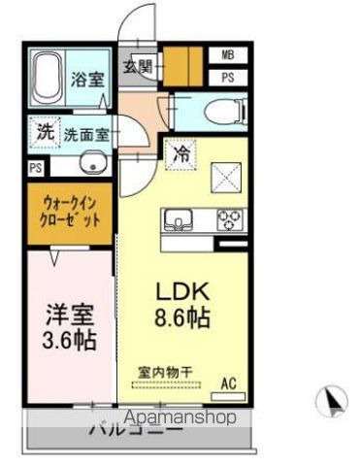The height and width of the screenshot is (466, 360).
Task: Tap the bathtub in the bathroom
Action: [x=47, y=79]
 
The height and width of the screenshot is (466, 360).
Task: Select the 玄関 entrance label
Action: [x=136, y=67]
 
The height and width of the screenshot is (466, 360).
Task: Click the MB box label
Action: [x=227, y=55]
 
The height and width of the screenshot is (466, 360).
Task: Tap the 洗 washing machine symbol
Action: [x=45, y=133]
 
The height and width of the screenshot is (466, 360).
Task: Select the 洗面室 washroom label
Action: [x=86, y=136]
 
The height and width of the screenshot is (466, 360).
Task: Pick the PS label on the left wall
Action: [x=35, y=167]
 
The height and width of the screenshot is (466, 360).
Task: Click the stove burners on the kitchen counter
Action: [x=230, y=218]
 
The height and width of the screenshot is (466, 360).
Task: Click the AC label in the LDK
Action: [x=228, y=383]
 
